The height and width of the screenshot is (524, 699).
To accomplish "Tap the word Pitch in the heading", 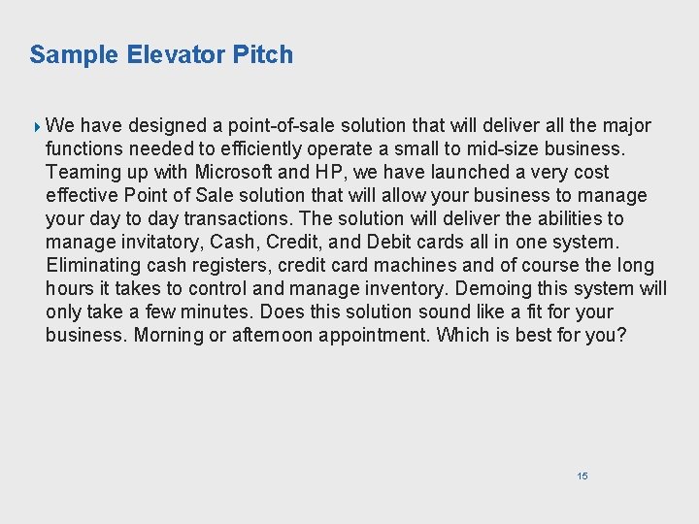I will (262, 54).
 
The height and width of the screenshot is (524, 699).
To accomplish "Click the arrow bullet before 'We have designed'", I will (37, 126).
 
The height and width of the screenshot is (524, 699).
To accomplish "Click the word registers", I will (232, 265).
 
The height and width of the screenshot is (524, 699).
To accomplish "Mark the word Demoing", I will (497, 288).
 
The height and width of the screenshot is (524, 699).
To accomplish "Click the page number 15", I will (582, 475).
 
